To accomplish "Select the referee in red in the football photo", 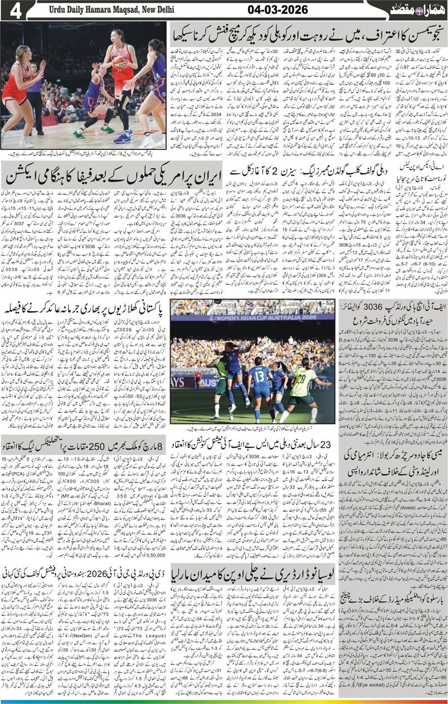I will pos(198,379).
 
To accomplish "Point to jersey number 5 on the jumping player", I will pos(230,357).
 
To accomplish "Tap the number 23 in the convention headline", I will pos(327,442).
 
